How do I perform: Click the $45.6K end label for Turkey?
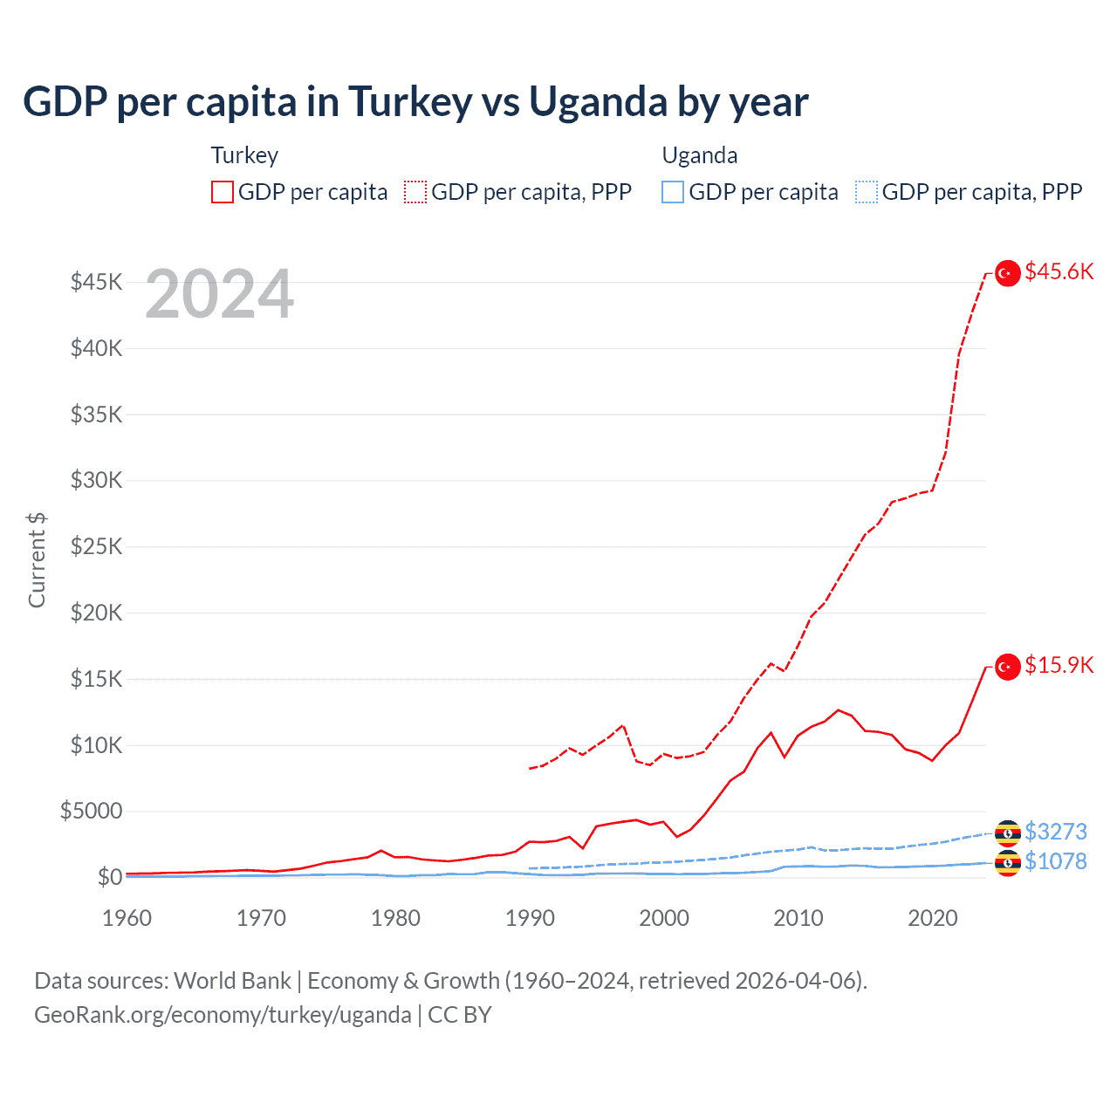1059,271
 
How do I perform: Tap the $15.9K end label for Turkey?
1059,665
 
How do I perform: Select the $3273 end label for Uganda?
1056,831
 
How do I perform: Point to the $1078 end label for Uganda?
1056,861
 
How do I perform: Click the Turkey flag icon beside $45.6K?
1008,273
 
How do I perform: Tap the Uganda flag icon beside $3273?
1008,833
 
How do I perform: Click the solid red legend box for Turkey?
223,192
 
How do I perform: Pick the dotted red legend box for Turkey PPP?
415,192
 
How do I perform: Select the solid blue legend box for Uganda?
673,192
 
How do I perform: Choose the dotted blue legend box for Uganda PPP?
867,192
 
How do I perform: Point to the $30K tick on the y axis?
97,480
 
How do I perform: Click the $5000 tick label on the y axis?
92,811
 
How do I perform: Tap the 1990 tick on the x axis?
530,918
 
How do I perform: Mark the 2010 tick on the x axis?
798,918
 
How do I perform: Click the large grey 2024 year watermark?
219,295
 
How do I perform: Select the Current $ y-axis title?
37,560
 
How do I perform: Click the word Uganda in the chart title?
599,102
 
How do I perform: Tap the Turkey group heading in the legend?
244,155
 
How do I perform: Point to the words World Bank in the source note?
232,981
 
